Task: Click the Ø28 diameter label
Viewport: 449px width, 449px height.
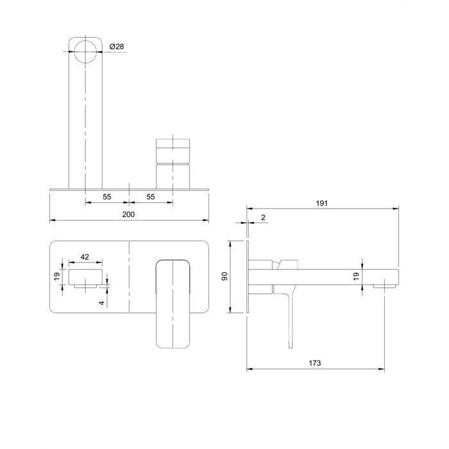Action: (117, 47)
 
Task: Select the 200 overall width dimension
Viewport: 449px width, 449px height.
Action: (128, 214)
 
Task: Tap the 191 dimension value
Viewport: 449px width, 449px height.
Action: (321, 203)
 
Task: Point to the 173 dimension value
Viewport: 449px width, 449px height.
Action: (315, 363)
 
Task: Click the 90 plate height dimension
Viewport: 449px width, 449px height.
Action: (224, 276)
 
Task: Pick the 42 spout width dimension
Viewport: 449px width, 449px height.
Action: (85, 257)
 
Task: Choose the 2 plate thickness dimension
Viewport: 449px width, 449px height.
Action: (263, 217)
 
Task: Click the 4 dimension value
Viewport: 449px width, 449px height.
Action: (102, 303)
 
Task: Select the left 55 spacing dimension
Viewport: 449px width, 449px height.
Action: (107, 197)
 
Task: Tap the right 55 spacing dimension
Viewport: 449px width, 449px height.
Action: (151, 197)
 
